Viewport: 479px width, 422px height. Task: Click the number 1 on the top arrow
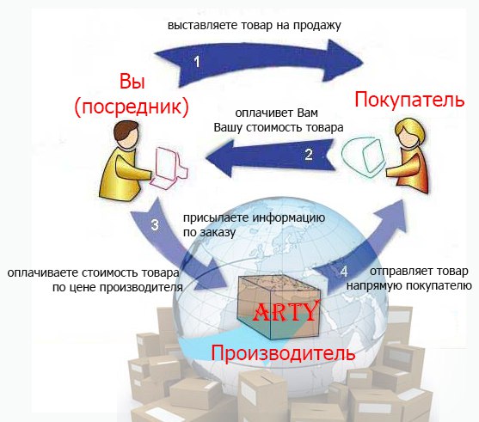[x=197, y=61]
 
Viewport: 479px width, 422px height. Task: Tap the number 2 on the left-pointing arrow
[x=309, y=154]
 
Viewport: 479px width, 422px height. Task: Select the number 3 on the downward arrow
[x=155, y=224]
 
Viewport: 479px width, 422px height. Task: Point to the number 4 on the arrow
[x=344, y=271]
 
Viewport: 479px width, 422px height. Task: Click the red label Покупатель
[x=409, y=100]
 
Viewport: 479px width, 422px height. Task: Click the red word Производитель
[x=283, y=352]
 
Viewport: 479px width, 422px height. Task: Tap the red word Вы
[x=132, y=82]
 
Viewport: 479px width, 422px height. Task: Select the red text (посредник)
[x=132, y=107]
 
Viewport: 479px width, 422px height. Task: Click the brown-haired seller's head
[x=126, y=135]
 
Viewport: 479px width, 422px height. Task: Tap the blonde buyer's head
[x=409, y=134]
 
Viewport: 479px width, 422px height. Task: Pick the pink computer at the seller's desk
[x=169, y=167]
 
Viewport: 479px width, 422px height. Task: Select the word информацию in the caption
[x=289, y=218]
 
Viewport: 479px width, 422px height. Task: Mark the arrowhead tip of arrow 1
[x=363, y=64]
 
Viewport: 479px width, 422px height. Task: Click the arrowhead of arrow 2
[x=220, y=158]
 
